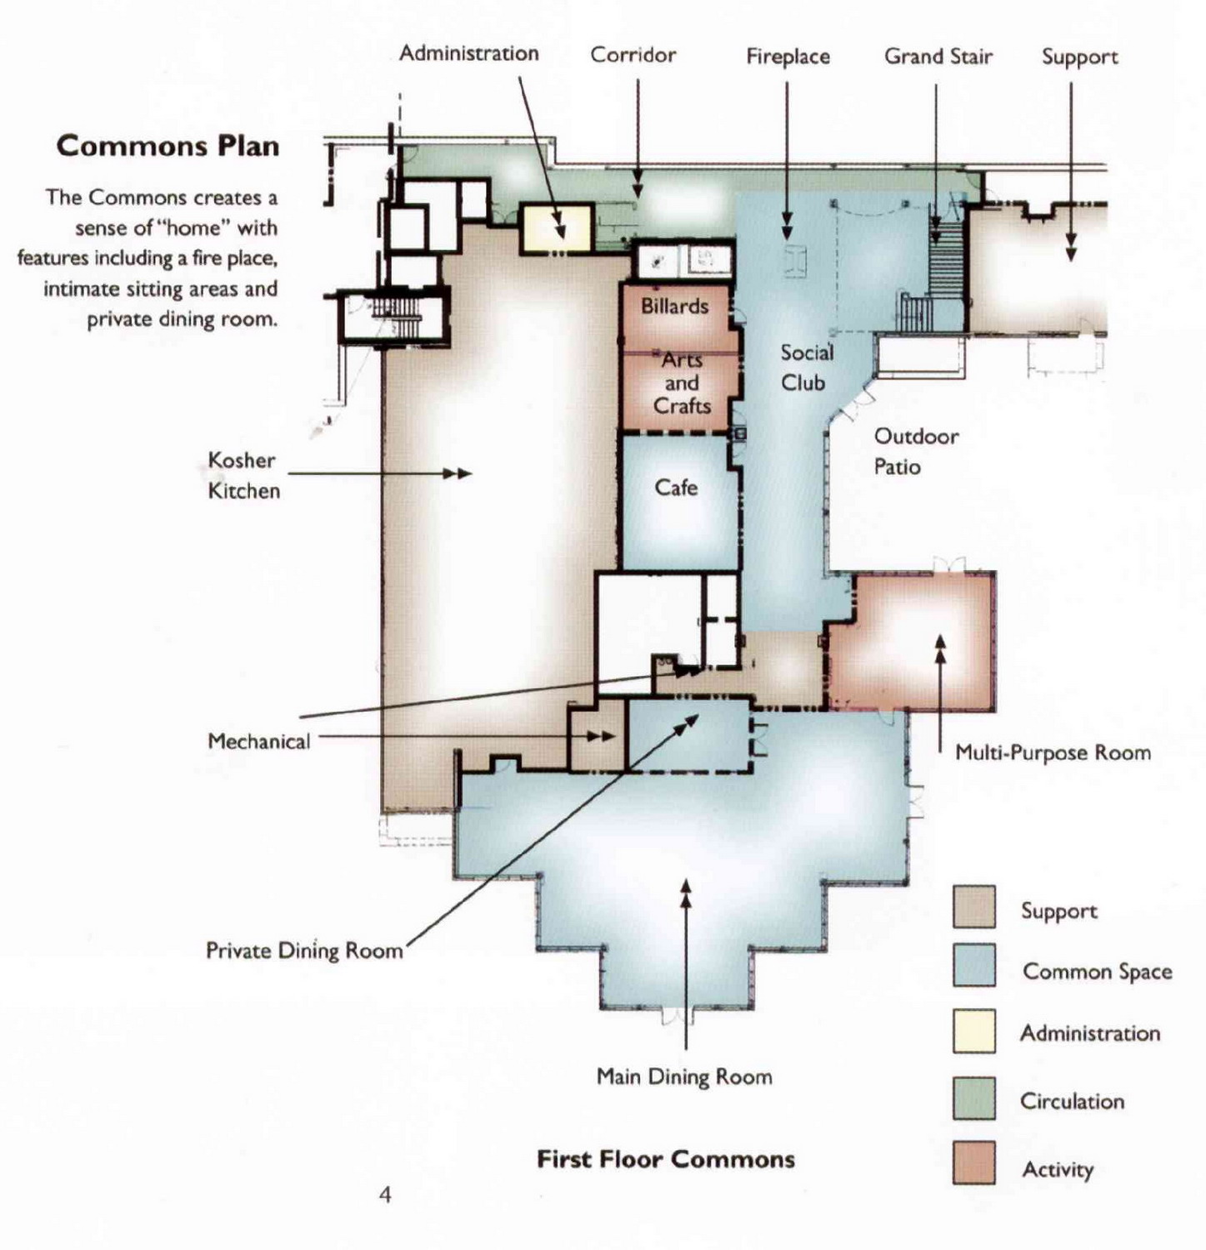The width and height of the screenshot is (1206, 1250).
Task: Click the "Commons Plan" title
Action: [168, 146]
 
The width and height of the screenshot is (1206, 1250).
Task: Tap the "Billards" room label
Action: [674, 306]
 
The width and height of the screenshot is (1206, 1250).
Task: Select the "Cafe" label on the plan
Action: [676, 487]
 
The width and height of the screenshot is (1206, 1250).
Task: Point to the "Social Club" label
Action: [806, 367]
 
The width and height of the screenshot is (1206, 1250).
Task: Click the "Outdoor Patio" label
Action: [916, 452]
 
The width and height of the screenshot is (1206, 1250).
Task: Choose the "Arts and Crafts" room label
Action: [682, 382]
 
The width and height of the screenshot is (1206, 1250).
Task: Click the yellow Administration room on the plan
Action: [556, 227]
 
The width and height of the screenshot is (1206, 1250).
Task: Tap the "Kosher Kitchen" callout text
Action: [243, 475]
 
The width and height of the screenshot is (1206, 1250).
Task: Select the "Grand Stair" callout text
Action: [938, 57]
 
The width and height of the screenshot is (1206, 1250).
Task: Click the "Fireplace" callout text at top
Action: [788, 57]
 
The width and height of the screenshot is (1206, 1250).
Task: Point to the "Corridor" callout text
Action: [633, 55]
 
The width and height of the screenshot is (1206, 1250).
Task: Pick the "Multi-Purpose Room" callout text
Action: [1053, 752]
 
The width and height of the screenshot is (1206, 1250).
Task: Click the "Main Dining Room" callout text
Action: [684, 1077]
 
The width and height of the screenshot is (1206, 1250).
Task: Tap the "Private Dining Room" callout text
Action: [304, 951]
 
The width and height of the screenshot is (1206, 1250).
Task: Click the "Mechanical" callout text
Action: [258, 741]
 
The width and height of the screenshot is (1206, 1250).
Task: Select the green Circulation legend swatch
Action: [974, 1097]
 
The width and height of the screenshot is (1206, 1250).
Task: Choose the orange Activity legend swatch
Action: [974, 1162]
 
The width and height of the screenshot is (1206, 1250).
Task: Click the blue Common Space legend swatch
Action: [974, 965]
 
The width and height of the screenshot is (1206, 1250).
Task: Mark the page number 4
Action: [385, 1195]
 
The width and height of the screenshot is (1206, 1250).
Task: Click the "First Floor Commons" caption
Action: [666, 1159]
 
